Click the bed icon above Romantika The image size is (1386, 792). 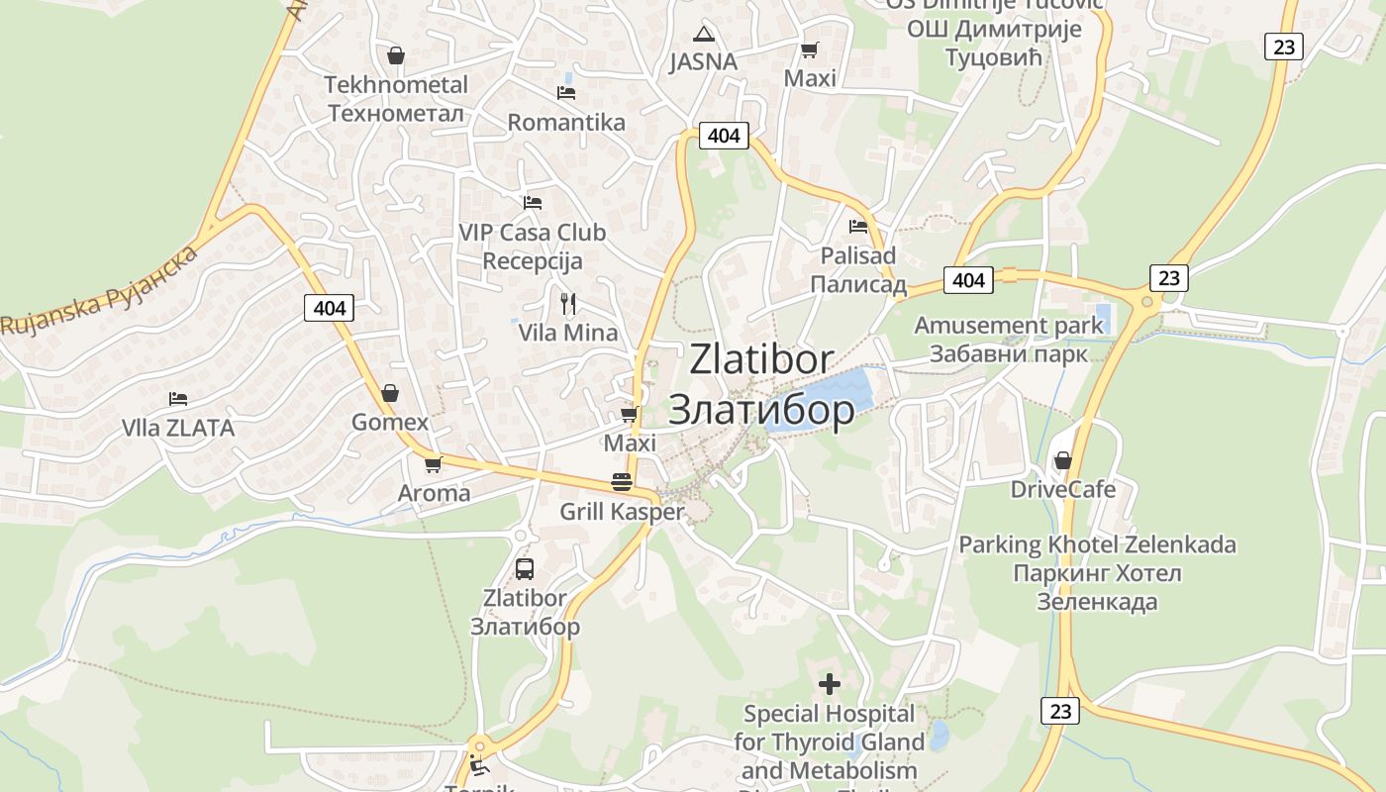point(566,93)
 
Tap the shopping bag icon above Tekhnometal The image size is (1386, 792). point(396,55)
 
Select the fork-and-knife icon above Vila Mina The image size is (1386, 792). point(568,303)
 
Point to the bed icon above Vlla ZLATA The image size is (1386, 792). point(178,399)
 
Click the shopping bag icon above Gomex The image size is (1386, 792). point(390,393)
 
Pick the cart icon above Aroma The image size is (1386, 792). point(433,463)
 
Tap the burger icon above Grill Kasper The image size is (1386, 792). point(622,482)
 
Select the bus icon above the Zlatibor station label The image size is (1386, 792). point(525,569)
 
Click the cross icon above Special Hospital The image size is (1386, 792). point(830,683)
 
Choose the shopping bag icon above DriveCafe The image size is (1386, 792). point(1063,460)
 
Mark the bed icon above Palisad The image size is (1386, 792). point(858,227)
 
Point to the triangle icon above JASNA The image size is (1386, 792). point(703,34)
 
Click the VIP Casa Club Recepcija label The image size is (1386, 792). point(532,247)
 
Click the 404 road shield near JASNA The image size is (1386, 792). point(724,136)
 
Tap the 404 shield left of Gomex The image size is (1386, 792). point(329,308)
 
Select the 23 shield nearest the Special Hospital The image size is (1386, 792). point(1060,710)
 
